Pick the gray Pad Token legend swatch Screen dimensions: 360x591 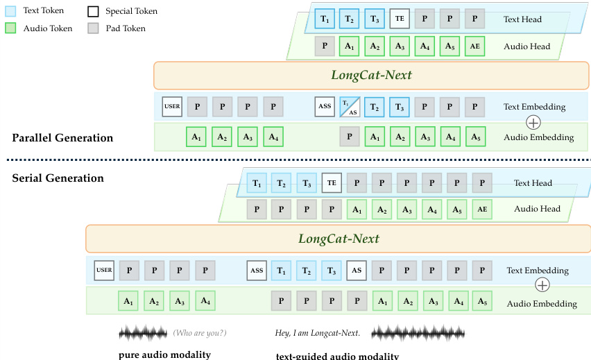point(93,28)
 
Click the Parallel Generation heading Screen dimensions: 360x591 point(62,137)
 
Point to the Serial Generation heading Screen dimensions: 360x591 point(58,178)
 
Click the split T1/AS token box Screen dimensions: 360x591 point(349,106)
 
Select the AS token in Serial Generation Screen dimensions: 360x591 point(356,271)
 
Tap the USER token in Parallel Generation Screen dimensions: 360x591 point(172,107)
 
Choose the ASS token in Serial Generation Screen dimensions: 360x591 point(257,271)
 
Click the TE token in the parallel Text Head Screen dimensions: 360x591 point(399,19)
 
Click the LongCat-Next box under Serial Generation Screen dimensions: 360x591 point(339,239)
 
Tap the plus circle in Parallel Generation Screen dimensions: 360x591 point(533,122)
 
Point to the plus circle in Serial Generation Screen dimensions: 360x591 point(542,285)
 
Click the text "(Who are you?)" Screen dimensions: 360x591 point(200,334)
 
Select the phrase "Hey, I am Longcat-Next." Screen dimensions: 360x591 point(318,334)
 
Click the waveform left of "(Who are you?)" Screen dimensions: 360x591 point(144,334)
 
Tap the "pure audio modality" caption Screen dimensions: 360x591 point(164,354)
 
